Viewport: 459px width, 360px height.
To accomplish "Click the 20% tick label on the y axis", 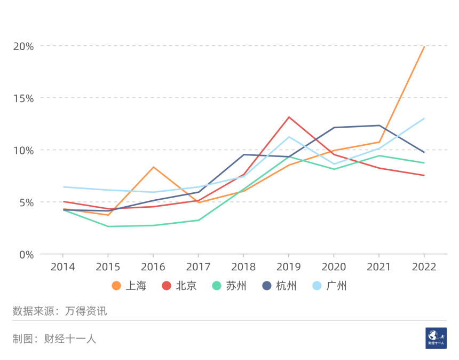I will pos(23,46).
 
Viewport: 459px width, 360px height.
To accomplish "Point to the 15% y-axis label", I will pos(23,98).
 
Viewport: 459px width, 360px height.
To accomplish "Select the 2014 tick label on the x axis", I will pos(63,267).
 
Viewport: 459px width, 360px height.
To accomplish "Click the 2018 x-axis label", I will pos(243,267).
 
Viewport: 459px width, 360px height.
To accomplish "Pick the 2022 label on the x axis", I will pos(424,267).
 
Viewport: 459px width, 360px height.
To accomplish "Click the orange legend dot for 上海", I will pos(116,286).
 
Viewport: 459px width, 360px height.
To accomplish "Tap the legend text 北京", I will pos(186,286).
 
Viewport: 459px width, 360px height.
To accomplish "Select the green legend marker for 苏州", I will pos(216,286).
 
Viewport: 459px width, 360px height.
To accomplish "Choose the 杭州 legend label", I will pos(287,286).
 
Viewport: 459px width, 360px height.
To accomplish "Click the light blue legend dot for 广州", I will pos(316,286).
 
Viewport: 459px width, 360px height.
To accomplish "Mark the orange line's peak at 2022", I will pos(424,46).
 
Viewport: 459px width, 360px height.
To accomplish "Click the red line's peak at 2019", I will pos(289,117).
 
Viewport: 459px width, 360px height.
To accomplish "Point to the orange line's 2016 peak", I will pos(153,167).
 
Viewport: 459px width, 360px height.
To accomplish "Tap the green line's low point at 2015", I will pos(108,226).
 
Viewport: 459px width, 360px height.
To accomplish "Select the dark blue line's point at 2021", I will pos(379,126).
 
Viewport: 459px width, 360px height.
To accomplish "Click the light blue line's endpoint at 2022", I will pos(424,119).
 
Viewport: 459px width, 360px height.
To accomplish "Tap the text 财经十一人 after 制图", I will pos(70,339).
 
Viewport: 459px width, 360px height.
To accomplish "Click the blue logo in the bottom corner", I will pos(436,338).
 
